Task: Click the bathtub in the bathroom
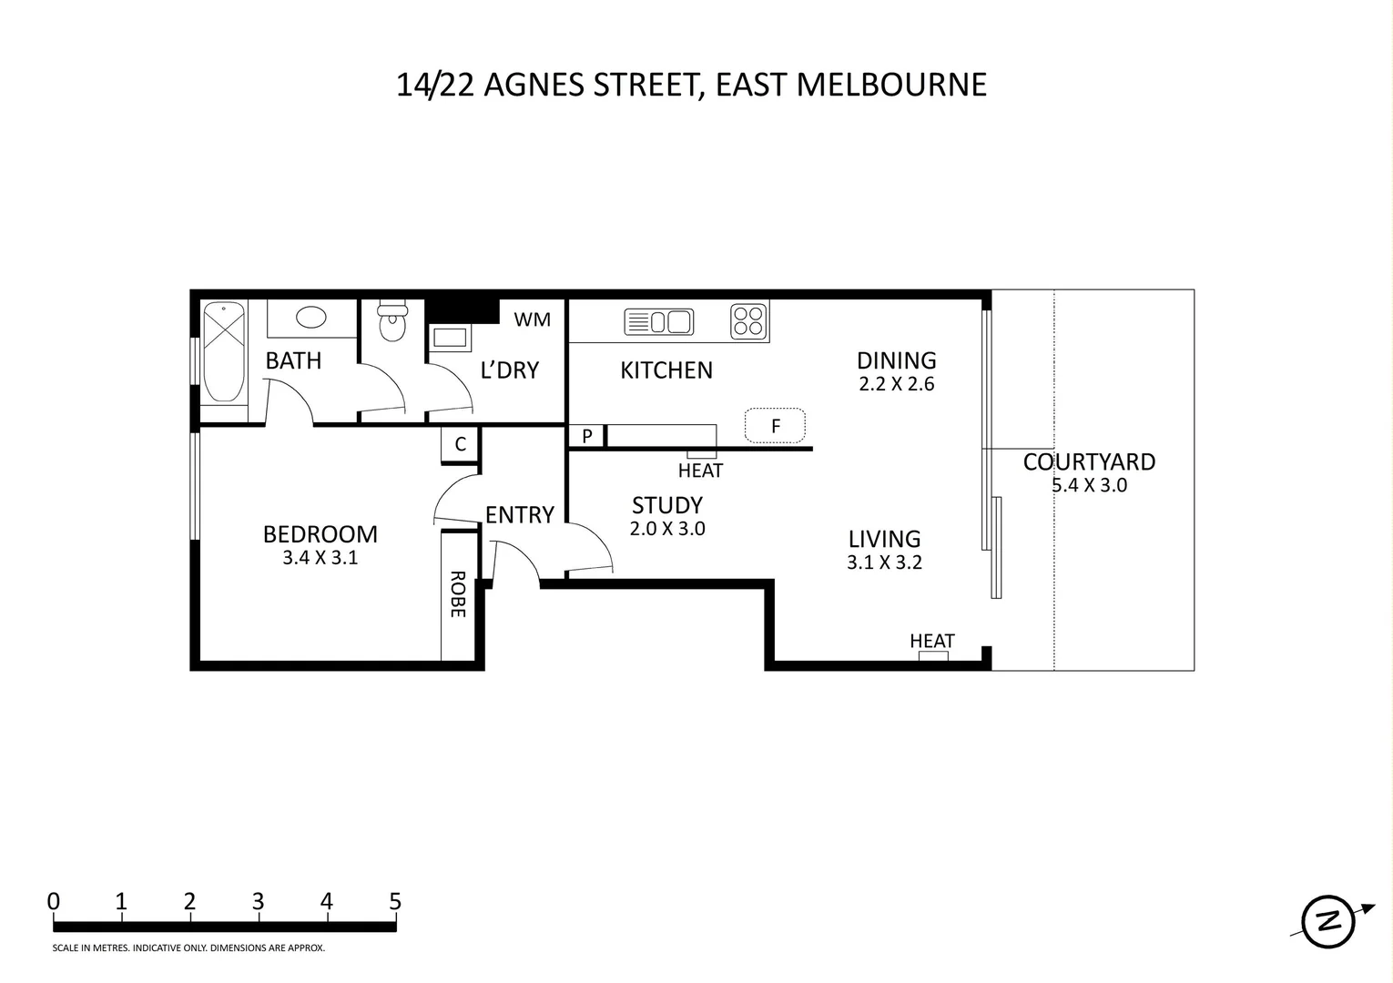coord(223,352)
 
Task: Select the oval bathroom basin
coord(311,318)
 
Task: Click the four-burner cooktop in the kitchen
coord(749,321)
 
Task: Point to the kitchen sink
coord(659,322)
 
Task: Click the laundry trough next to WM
coord(450,338)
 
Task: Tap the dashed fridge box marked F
coord(775,425)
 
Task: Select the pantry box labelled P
coord(587,436)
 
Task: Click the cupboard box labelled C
coord(461,444)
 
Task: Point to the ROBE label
coord(458,594)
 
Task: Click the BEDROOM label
coord(320,534)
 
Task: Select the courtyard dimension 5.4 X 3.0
coord(1089,485)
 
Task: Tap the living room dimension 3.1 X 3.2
coord(884,562)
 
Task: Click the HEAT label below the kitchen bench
coord(700,471)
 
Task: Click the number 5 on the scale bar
coord(395,902)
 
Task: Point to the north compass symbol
coord(1329,921)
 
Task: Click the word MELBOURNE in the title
coord(891,85)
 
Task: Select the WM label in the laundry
coord(532,319)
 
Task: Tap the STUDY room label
coord(667,505)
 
